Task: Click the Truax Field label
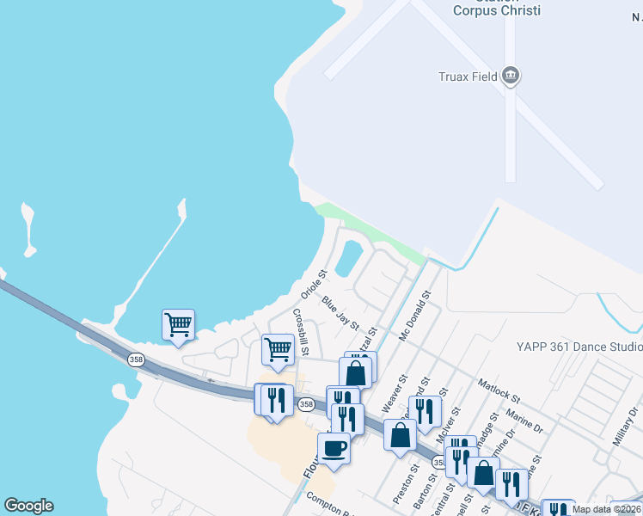tap(468, 77)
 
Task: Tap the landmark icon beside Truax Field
tap(511, 76)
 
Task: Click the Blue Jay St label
tap(340, 312)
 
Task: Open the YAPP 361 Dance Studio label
tap(579, 347)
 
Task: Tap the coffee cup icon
tap(334, 447)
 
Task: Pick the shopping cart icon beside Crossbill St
tap(278, 350)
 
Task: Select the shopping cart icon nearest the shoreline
tap(178, 324)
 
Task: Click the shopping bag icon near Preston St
tap(400, 434)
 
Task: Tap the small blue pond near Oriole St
tap(348, 258)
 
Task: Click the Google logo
tap(29, 506)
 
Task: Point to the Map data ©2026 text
tap(606, 509)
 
